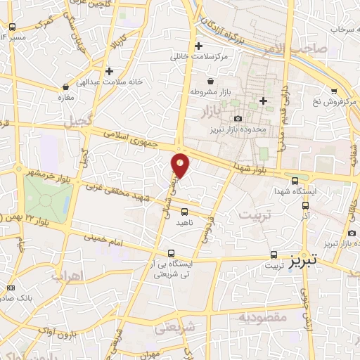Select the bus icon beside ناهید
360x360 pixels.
184,211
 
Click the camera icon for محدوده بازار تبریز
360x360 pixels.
238,118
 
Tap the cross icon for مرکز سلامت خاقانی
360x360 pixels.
199,46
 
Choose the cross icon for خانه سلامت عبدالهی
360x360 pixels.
109,71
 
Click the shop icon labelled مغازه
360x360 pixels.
65,87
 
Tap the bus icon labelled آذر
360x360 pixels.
305,206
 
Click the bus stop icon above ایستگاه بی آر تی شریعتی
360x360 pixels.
172,252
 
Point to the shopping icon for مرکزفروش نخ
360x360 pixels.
333,91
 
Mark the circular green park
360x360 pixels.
46,199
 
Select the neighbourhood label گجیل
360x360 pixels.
77,122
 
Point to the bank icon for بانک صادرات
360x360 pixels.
10,288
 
